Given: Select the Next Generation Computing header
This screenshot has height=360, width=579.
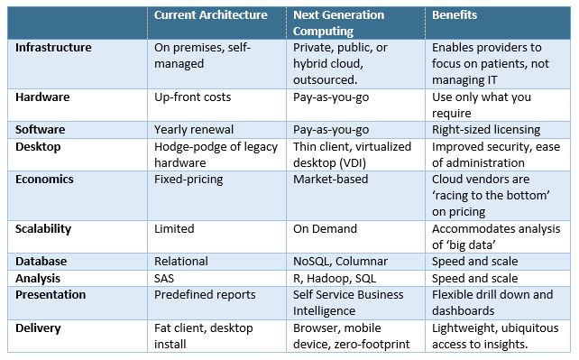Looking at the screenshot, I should coord(337,23).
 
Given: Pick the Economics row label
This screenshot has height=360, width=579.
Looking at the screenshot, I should coord(45,179).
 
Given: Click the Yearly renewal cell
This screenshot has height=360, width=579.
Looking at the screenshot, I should coord(195,129).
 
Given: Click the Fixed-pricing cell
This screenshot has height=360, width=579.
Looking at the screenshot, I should coord(189,179).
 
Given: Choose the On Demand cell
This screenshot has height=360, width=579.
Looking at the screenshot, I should coord(325,229).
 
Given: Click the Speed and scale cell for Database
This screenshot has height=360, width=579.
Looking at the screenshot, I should coord(475,261).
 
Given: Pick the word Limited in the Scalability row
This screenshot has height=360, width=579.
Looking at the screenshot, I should coord(176,229).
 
